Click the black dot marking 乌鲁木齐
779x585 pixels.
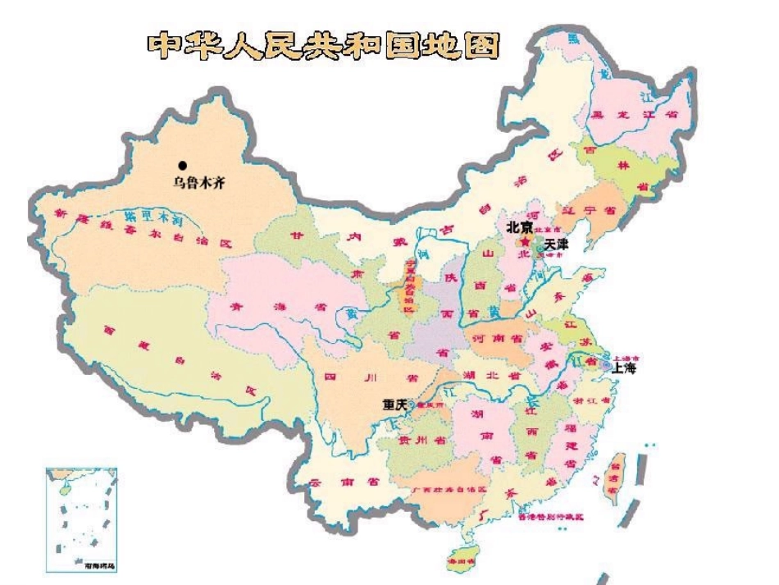tap(184, 166)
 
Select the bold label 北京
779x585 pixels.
tap(520, 226)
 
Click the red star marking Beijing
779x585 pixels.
tap(526, 240)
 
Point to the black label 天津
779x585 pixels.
tap(555, 245)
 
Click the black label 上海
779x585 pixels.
tap(623, 368)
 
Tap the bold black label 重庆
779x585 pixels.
tap(395, 404)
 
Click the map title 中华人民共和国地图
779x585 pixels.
tap(322, 46)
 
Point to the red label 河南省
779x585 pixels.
tap(496, 338)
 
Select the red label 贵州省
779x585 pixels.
tap(427, 441)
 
